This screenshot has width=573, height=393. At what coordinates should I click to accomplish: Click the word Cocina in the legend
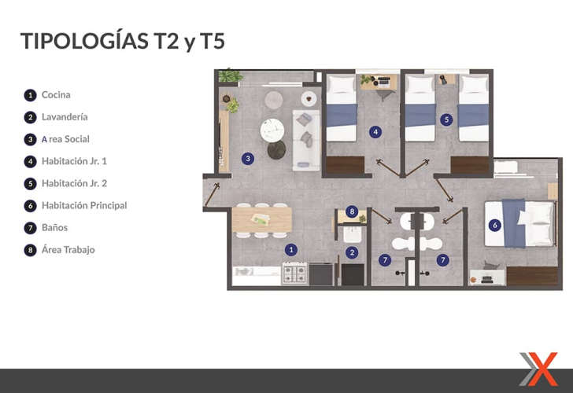(56, 95)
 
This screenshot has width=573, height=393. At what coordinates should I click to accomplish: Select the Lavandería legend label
(65, 117)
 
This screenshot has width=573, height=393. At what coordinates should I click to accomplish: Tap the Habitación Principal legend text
(84, 205)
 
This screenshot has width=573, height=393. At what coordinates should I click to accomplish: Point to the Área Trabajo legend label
(68, 250)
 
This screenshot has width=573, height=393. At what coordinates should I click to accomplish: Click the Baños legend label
(55, 227)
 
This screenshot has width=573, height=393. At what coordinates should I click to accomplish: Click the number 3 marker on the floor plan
(248, 159)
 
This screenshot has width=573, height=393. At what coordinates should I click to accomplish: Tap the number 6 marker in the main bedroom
(495, 225)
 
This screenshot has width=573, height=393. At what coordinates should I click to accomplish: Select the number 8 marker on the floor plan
(352, 211)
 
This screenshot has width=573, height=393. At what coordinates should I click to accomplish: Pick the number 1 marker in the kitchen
(291, 250)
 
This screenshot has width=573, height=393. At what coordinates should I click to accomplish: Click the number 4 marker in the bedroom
(375, 132)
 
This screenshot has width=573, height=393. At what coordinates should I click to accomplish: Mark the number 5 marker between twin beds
(446, 119)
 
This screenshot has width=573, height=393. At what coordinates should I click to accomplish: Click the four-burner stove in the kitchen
(294, 274)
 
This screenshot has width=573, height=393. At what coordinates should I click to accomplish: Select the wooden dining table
(261, 219)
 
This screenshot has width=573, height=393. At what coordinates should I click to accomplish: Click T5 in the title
(213, 41)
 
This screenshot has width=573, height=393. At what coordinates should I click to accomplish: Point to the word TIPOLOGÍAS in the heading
(84, 40)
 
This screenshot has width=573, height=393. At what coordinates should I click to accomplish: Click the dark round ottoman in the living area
(276, 150)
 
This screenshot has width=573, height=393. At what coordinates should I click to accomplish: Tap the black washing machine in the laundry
(353, 274)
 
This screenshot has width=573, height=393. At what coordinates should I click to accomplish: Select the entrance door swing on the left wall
(212, 194)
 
